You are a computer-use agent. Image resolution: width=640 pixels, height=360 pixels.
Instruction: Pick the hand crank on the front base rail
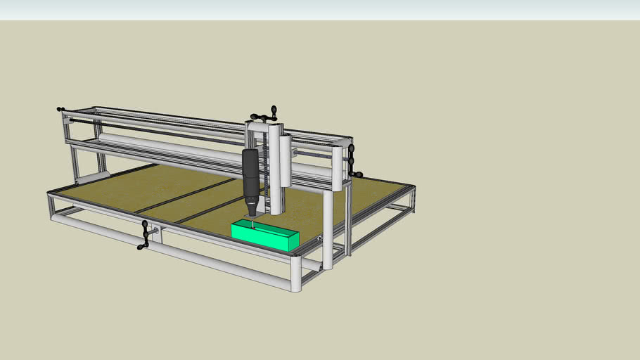point(145,235)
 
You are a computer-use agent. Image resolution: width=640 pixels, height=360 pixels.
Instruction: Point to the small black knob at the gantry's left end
point(60,110)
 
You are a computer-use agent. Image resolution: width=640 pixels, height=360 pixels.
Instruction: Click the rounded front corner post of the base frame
point(296,274)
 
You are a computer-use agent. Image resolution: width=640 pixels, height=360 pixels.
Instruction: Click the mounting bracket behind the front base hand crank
point(156,233)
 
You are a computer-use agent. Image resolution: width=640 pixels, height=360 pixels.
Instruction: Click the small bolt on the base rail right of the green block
point(319,238)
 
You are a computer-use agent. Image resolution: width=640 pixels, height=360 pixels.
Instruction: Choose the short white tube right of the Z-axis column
point(286,161)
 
